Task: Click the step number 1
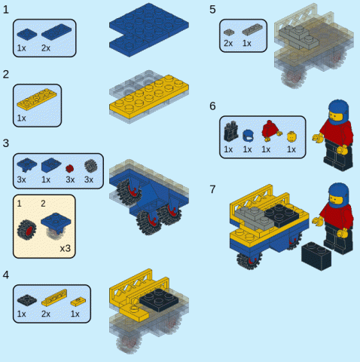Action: [x=5, y=10]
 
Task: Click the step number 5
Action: [x=212, y=10]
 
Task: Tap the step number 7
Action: [x=212, y=189]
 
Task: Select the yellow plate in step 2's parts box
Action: [x=37, y=99]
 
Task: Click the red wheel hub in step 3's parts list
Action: [x=69, y=168]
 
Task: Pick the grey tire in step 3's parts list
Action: [x=90, y=166]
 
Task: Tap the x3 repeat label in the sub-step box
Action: [x=65, y=248]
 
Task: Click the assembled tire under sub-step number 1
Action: [x=26, y=229]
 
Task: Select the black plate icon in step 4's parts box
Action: [x=27, y=300]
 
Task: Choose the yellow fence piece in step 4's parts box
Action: [x=54, y=297]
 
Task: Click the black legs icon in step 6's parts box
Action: [x=230, y=131]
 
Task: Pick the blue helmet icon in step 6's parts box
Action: [x=248, y=136]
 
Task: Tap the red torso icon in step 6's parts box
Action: [x=272, y=130]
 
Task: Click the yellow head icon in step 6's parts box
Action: [x=291, y=137]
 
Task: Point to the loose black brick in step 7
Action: [x=316, y=256]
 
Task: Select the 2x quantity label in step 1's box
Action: [x=46, y=48]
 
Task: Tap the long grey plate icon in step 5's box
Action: [x=252, y=29]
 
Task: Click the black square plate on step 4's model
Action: [x=159, y=300]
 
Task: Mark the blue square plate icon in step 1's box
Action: [x=27, y=34]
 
